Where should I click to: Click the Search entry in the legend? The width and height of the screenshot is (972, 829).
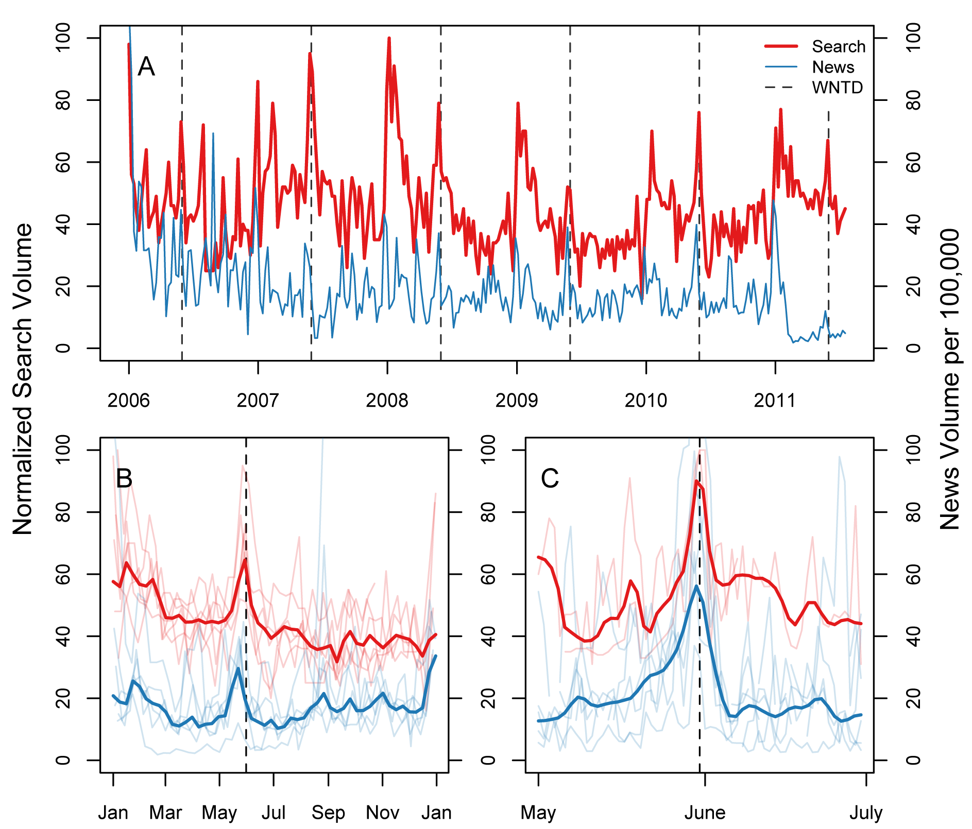tap(838, 46)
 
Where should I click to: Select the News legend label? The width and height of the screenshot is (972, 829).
tap(832, 67)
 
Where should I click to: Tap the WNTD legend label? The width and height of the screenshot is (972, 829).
tap(837, 88)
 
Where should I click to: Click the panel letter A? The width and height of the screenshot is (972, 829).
tap(146, 66)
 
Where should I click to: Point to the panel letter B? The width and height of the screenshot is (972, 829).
tap(124, 478)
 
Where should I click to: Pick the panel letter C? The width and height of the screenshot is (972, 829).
tap(550, 478)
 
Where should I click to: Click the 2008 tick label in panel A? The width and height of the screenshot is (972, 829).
tap(387, 400)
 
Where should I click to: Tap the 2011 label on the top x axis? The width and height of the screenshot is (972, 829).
tap(775, 400)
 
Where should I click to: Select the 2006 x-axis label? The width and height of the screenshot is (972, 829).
tap(128, 400)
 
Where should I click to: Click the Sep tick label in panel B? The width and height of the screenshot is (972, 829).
tap(328, 813)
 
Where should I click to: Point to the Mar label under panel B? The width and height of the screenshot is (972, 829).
tap(165, 813)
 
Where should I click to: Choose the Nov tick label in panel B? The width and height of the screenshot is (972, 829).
tap(382, 813)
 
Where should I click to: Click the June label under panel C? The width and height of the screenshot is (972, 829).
tap(705, 813)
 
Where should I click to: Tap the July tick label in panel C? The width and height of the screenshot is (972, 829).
tap(866, 813)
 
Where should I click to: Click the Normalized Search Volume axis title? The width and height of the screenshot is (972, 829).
tap(23, 379)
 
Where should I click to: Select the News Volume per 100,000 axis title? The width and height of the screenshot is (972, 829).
tap(949, 379)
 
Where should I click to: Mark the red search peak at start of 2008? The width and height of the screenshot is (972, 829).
tap(389, 38)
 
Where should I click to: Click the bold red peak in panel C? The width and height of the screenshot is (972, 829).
tap(696, 481)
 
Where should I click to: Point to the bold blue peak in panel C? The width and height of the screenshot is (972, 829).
tap(696, 586)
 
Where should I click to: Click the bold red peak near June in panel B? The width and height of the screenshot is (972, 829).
tap(245, 559)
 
